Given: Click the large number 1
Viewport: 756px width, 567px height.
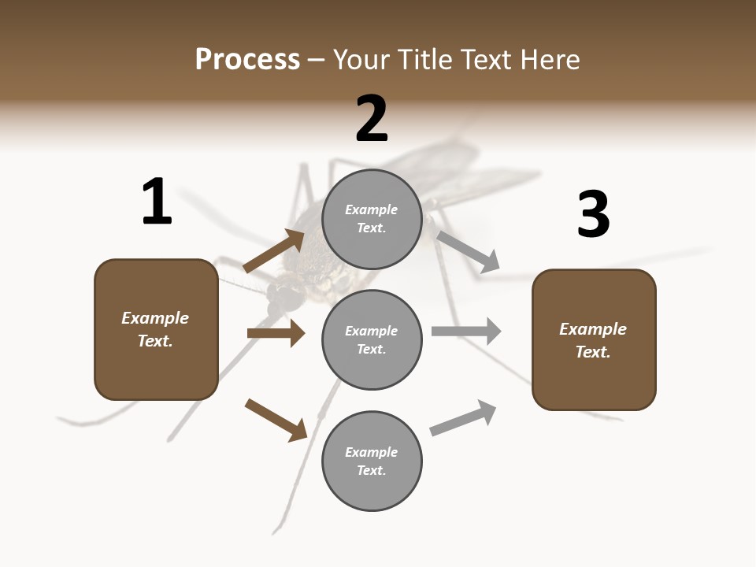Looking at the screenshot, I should pyautogui.click(x=157, y=202).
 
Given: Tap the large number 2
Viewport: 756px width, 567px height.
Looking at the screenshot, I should pyautogui.click(x=372, y=119).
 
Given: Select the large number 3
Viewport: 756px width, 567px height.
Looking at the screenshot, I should pyautogui.click(x=593, y=215).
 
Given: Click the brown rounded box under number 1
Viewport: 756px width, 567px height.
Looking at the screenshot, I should pyautogui.click(x=156, y=329).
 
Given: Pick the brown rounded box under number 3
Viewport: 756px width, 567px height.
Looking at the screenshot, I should pyautogui.click(x=594, y=340).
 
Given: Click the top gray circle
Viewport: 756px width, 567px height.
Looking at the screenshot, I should pyautogui.click(x=372, y=219).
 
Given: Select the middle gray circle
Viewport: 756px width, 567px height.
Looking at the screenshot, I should pyautogui.click(x=372, y=339).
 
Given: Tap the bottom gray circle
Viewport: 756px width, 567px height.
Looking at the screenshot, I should pyautogui.click(x=372, y=461).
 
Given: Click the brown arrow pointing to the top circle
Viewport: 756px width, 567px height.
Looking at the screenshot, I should pyautogui.click(x=273, y=251).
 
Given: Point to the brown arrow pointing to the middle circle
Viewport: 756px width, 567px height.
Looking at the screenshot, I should pyautogui.click(x=276, y=333).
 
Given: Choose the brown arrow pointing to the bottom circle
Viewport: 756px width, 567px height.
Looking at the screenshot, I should pyautogui.click(x=276, y=419).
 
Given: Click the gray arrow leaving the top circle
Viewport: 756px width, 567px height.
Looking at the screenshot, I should pyautogui.click(x=468, y=251).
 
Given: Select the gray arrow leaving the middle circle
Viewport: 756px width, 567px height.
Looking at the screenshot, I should pyautogui.click(x=466, y=331).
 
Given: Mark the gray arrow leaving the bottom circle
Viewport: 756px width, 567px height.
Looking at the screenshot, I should pyautogui.click(x=463, y=418).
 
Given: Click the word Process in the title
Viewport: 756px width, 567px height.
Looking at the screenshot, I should pyautogui.click(x=247, y=59).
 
